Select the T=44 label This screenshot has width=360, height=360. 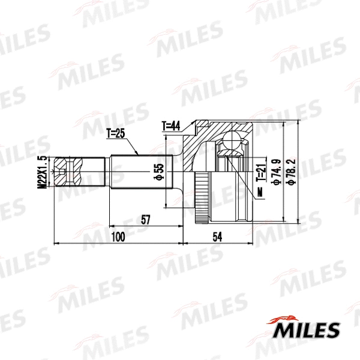point(171,127)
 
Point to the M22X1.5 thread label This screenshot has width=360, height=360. point(41,172)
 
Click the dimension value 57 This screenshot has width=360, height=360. point(145,220)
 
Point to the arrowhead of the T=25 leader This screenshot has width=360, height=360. point(139,154)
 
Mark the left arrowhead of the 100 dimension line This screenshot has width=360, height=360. point(56,243)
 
